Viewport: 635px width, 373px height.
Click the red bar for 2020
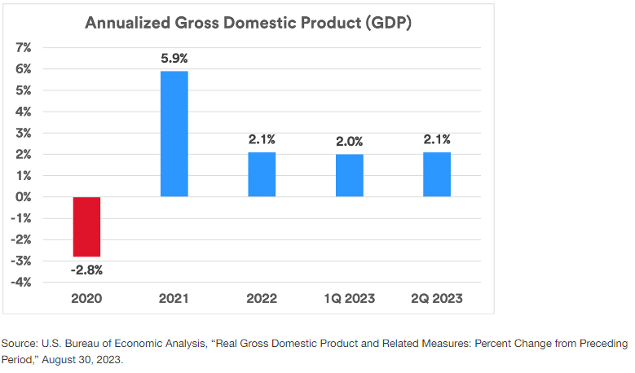[x=86, y=226]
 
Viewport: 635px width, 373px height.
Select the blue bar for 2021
[x=174, y=134]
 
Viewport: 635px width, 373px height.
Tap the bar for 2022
[x=262, y=174]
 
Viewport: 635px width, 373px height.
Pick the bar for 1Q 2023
[x=350, y=175]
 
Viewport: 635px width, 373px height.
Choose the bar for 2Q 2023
[x=437, y=174]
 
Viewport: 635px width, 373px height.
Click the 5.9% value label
[x=174, y=59]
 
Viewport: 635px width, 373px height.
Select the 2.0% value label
[x=350, y=141]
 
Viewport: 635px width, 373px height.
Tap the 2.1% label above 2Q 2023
[x=437, y=139]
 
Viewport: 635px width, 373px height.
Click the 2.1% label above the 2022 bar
[x=262, y=139]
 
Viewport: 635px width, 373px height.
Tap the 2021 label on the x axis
[x=174, y=299]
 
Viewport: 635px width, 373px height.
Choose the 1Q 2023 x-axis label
[x=350, y=299]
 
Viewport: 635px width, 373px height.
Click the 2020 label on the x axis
[x=86, y=299]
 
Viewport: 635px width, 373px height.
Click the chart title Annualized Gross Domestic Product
[x=248, y=23]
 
